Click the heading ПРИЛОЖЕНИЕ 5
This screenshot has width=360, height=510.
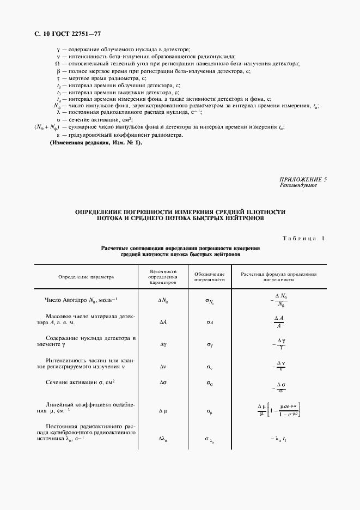[x=303, y=179]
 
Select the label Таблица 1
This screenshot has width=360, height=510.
[x=303, y=238]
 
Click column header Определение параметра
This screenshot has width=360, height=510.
[x=86, y=277]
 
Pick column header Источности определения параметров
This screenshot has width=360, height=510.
[x=162, y=277]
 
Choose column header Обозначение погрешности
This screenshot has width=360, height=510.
[x=209, y=277]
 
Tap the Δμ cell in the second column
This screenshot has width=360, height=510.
[x=162, y=410]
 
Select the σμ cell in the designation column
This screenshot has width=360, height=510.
[x=209, y=410]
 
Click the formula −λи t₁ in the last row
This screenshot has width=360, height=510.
[x=278, y=439]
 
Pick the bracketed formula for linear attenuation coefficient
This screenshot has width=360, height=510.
[x=279, y=410]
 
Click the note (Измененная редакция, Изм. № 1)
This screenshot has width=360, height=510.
[x=95, y=142]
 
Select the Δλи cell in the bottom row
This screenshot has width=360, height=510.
[x=162, y=439]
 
